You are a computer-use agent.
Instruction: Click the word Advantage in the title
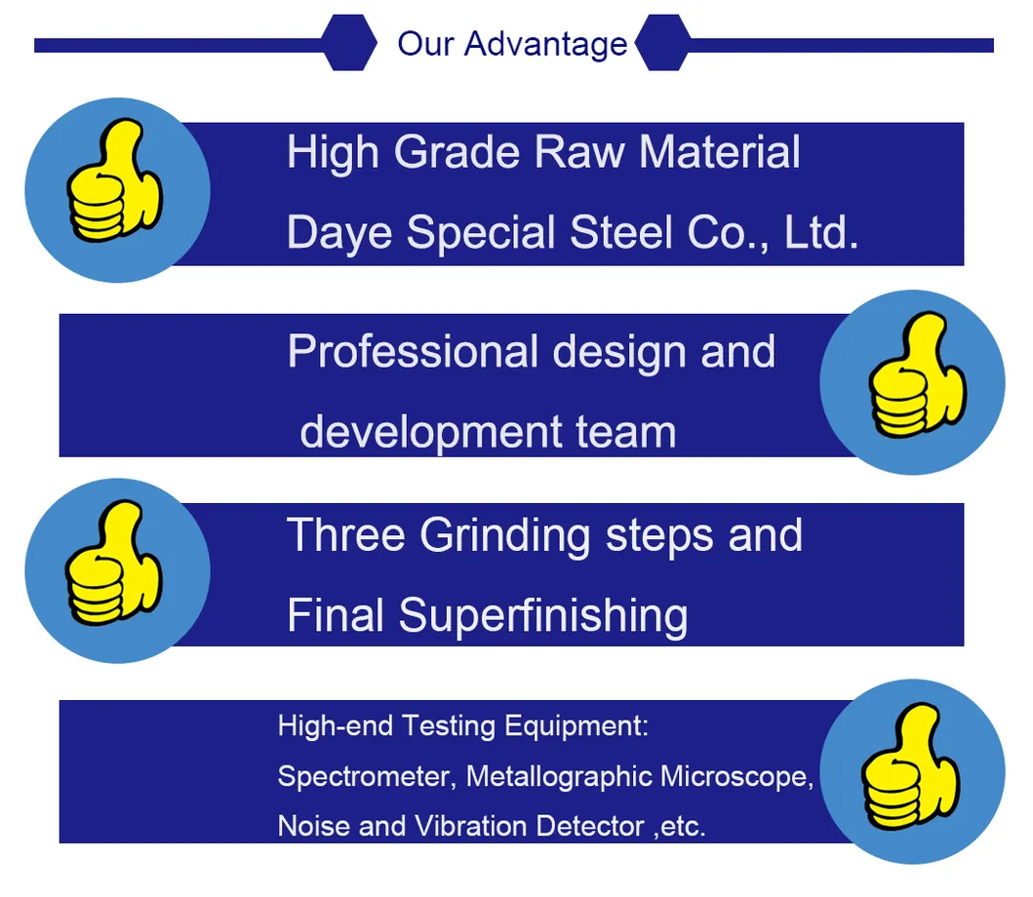pyautogui.click(x=545, y=44)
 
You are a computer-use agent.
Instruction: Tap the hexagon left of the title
pyautogui.click(x=349, y=44)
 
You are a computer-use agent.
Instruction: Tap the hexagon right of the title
pyautogui.click(x=662, y=44)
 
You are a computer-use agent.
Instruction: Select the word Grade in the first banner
pyautogui.click(x=458, y=153)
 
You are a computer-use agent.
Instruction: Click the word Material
pyautogui.click(x=720, y=153)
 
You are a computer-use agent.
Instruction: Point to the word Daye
pyautogui.click(x=340, y=233)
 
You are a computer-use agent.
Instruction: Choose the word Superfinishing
pyautogui.click(x=542, y=616)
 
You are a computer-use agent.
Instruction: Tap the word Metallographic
pyautogui.click(x=559, y=777)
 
